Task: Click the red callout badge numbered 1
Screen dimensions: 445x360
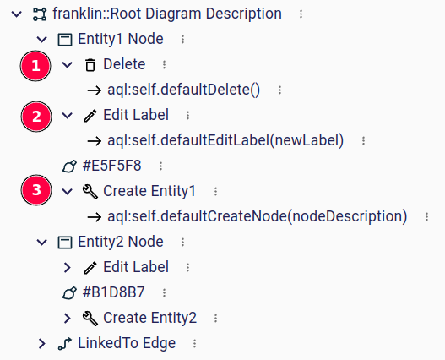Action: click(35, 66)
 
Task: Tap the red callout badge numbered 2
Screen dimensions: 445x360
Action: click(36, 117)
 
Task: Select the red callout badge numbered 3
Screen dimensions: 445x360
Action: click(36, 190)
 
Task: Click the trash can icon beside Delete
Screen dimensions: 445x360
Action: click(90, 64)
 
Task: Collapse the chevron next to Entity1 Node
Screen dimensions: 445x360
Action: click(42, 39)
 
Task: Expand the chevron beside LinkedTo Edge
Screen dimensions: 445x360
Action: click(42, 343)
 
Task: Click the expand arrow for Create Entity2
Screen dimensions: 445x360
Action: click(68, 319)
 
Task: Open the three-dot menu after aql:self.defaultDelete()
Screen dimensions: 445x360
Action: click(279, 90)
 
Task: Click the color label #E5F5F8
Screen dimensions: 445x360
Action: click(111, 166)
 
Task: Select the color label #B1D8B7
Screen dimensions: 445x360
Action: click(113, 292)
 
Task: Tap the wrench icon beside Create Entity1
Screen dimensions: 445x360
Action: click(90, 191)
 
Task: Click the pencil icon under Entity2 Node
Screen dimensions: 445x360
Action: click(90, 267)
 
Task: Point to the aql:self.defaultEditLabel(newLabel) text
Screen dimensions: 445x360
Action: click(225, 140)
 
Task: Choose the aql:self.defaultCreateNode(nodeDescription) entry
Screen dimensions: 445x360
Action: click(258, 216)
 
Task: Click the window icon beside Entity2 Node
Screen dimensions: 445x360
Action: click(65, 243)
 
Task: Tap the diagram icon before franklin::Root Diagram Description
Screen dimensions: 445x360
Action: click(40, 14)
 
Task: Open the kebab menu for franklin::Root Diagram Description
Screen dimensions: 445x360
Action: click(301, 14)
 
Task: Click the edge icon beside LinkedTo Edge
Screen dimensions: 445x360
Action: click(65, 343)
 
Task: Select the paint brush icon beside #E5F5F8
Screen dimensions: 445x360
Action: click(69, 166)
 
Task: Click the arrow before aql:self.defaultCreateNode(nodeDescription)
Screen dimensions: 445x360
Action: click(95, 217)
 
